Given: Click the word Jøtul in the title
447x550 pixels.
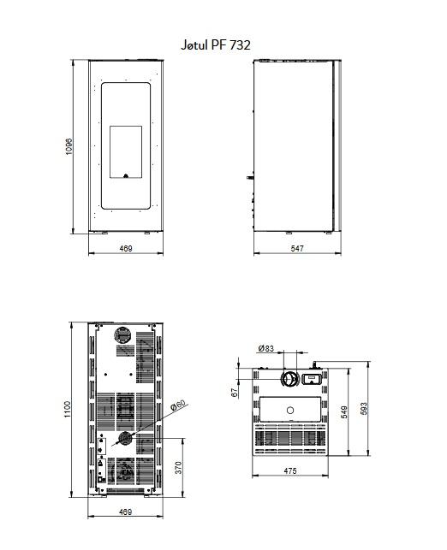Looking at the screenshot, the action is [x=194, y=44].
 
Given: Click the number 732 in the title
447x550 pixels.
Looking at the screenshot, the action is [x=240, y=44].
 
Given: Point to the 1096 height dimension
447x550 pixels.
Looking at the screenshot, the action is [x=69, y=146].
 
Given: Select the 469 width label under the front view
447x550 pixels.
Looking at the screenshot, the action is [x=126, y=248].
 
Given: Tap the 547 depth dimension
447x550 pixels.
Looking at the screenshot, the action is [x=297, y=248].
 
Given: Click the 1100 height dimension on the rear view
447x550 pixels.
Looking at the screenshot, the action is [x=68, y=410].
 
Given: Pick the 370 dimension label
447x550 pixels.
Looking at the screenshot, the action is [x=178, y=468].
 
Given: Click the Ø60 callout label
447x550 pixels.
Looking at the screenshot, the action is [x=177, y=405].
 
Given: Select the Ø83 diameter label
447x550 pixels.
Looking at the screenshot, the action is [x=265, y=348].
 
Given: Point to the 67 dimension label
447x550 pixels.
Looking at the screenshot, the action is [x=235, y=392].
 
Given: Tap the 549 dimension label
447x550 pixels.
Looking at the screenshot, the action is [x=344, y=412].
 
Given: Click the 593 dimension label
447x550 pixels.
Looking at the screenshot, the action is [x=364, y=409].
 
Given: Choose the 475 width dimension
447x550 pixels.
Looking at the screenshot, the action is [x=290, y=470].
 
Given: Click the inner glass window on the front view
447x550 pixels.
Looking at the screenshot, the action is [x=126, y=152].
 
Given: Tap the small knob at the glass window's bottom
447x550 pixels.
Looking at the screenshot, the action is [x=126, y=175].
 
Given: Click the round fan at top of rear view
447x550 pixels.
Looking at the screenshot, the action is [x=123, y=335].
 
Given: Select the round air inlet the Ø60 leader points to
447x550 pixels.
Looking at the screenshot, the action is [x=125, y=439].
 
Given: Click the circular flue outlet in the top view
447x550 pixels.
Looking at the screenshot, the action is [x=290, y=378].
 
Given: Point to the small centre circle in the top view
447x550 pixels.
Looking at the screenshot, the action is [x=290, y=410].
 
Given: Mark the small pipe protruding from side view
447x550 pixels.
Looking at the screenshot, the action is [x=250, y=177].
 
